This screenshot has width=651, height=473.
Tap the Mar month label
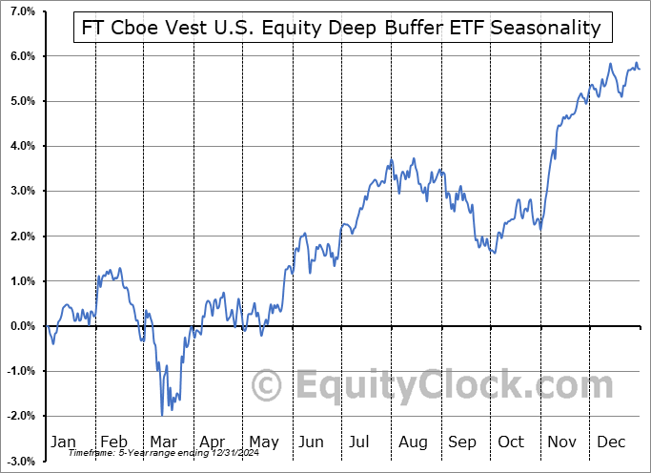(163, 442)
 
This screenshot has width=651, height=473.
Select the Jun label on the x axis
(312, 442)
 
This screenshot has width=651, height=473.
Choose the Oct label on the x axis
(511, 442)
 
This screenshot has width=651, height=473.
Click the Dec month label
(610, 442)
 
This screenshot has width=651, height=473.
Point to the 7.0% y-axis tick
(22, 11)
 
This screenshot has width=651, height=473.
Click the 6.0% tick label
(22, 56)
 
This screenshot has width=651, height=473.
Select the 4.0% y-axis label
(22, 146)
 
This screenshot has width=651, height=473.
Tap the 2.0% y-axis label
(22, 236)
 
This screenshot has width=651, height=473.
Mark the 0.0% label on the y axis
(22, 326)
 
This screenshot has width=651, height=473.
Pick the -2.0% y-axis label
(20, 417)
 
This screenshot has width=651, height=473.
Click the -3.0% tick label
(20, 462)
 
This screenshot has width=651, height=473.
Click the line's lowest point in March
(162, 415)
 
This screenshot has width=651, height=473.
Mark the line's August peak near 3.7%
(414, 158)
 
